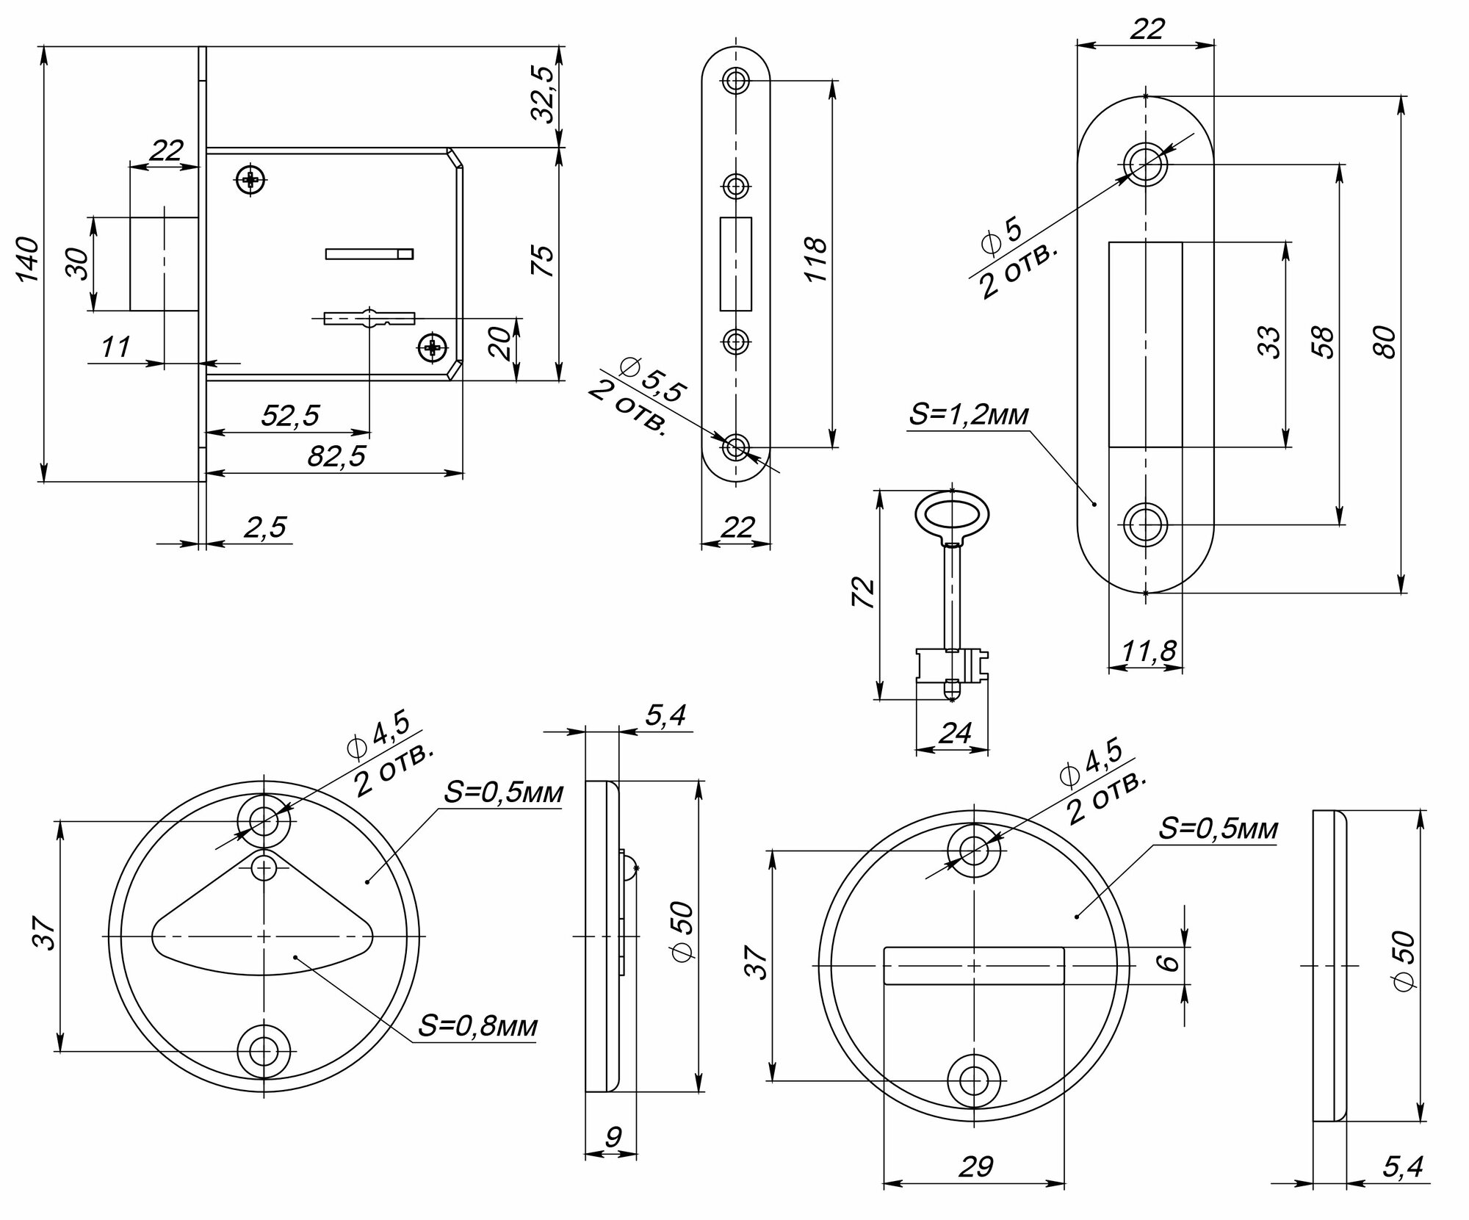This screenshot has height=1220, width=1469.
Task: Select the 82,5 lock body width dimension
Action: pyautogui.click(x=336, y=457)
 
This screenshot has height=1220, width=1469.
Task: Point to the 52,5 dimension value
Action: pyautogui.click(x=291, y=416)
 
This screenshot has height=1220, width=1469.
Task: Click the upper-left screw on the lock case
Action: pyautogui.click(x=251, y=178)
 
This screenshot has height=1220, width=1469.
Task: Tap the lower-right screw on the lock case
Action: pyautogui.click(x=432, y=347)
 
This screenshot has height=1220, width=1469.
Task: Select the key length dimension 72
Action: pyautogui.click(x=864, y=593)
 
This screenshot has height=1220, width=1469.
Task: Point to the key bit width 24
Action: pyautogui.click(x=955, y=732)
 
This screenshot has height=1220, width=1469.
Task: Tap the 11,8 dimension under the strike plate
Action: pyautogui.click(x=1149, y=650)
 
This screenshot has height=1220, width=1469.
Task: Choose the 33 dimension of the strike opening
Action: pyautogui.click(x=1272, y=342)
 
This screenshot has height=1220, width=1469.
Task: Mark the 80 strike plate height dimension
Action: pyautogui.click(x=1387, y=342)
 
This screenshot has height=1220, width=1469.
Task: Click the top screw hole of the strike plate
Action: pyautogui.click(x=1145, y=163)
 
